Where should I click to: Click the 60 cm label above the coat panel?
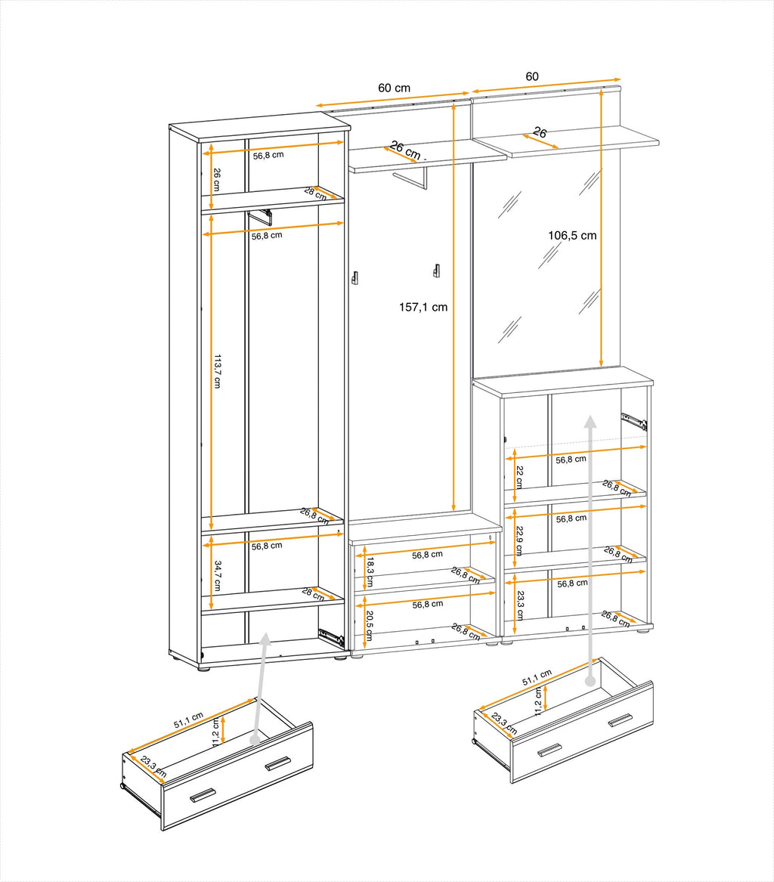pyautogui.click(x=394, y=88)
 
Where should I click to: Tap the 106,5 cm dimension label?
pyautogui.click(x=572, y=235)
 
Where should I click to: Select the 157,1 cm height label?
pyautogui.click(x=423, y=307)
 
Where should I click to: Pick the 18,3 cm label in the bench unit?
pyautogui.click(x=370, y=572)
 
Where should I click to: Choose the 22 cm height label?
pyautogui.click(x=519, y=478)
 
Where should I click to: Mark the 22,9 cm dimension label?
pyautogui.click(x=519, y=540)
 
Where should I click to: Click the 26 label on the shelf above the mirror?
pyautogui.click(x=540, y=132)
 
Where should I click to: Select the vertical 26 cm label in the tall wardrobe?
pyautogui.click(x=217, y=179)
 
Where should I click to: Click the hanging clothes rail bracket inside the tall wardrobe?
pyautogui.click(x=261, y=216)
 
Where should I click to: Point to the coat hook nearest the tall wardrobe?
pyautogui.click(x=354, y=278)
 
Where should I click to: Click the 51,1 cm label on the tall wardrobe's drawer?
pyautogui.click(x=188, y=719)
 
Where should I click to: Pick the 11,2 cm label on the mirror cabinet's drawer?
pyautogui.click(x=538, y=701)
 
